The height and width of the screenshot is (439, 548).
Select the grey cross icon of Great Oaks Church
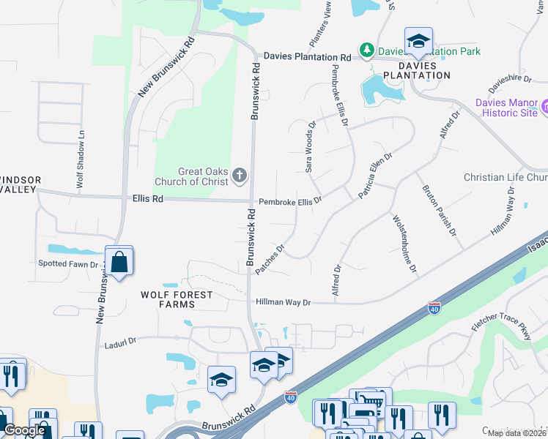coord(239,176)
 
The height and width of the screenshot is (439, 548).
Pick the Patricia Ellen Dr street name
coord(376,175)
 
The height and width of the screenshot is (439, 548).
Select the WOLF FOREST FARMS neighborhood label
coord(177,300)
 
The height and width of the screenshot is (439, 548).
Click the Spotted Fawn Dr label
coord(67,263)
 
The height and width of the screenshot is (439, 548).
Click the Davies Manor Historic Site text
coord(506,108)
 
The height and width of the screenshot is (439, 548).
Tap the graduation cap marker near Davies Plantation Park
coord(418,42)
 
